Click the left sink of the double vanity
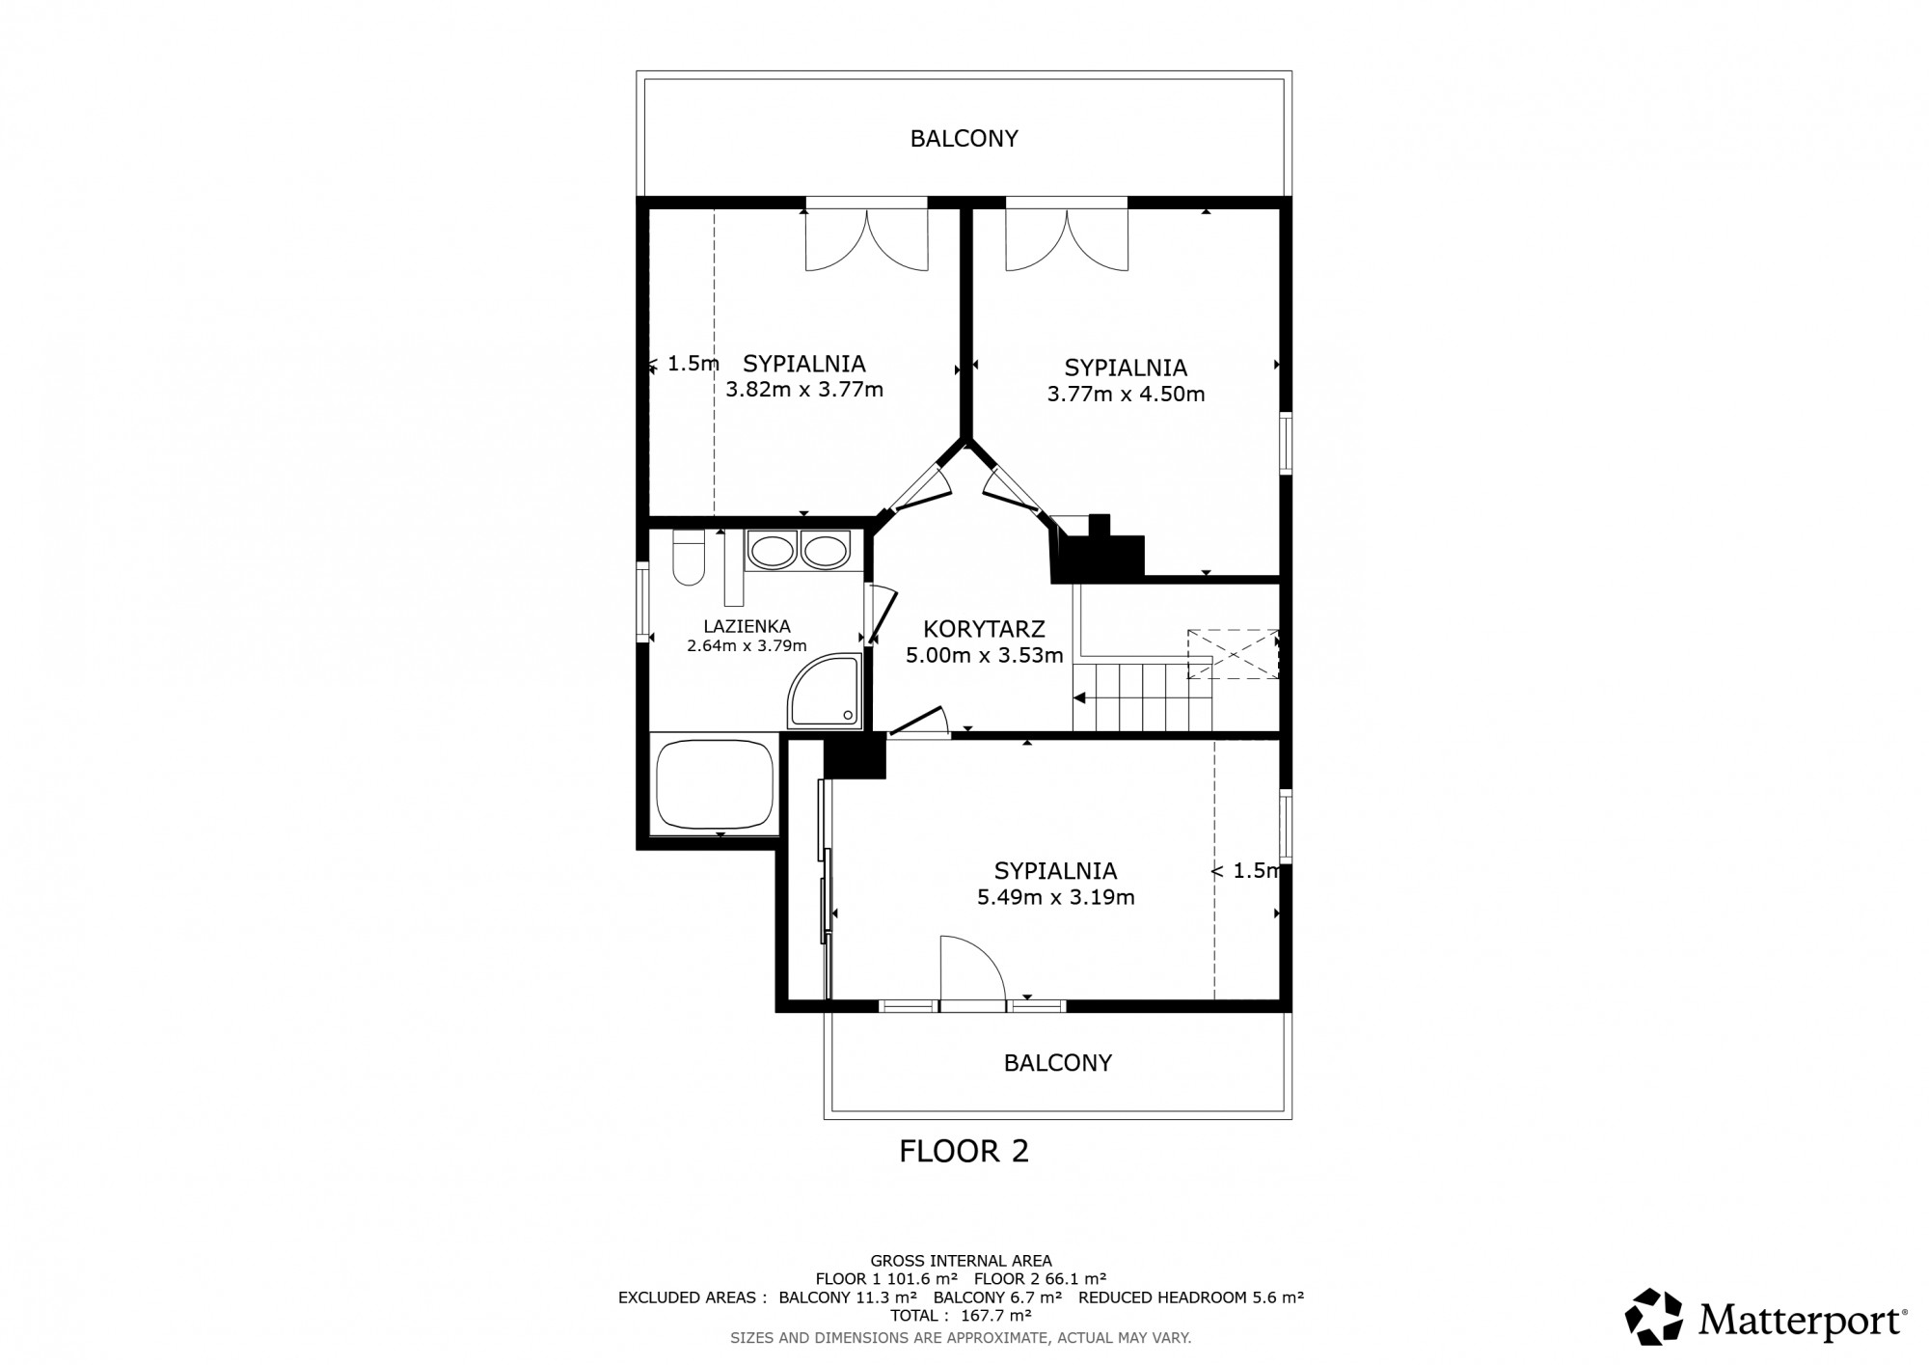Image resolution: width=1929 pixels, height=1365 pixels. (772, 552)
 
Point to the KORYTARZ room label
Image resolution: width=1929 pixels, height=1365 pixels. (984, 629)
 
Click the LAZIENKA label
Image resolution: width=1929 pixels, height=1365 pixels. (747, 627)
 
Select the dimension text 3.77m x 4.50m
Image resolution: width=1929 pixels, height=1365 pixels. (1126, 394)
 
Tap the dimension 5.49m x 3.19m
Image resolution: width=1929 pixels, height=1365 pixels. (1055, 897)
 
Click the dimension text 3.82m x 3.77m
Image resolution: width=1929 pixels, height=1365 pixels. (804, 390)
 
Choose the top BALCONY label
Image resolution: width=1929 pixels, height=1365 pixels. (964, 139)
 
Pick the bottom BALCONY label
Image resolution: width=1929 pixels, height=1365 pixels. (1058, 1063)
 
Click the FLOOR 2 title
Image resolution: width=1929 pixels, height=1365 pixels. (964, 1151)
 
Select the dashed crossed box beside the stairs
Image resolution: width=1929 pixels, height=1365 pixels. (1234, 654)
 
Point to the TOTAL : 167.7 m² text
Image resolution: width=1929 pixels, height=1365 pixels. (962, 1315)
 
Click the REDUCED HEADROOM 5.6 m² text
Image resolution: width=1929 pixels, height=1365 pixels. (1191, 1297)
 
